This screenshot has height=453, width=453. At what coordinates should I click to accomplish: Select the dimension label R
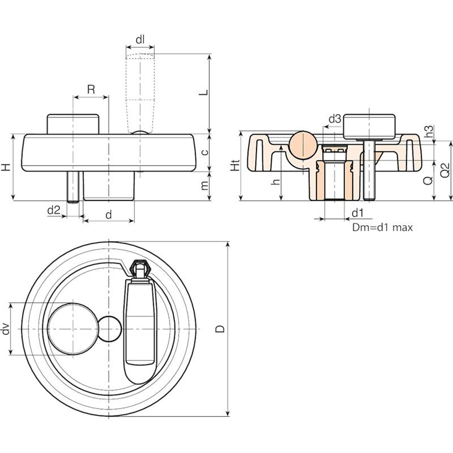click(x=91, y=89)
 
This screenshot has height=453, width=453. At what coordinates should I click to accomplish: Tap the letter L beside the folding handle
click(x=204, y=92)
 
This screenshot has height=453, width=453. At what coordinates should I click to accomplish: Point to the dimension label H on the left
click(x=6, y=167)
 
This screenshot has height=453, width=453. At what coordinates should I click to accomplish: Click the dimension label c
click(x=204, y=152)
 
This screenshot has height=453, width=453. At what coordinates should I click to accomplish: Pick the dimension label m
click(x=204, y=185)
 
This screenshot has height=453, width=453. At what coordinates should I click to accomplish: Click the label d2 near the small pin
click(x=54, y=210)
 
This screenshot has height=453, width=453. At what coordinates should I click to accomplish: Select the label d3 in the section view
click(x=335, y=119)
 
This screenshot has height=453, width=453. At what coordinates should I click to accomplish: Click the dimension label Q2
click(x=445, y=170)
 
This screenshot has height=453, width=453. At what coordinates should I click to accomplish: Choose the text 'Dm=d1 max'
click(x=382, y=227)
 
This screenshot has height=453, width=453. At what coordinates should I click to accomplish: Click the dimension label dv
click(x=6, y=329)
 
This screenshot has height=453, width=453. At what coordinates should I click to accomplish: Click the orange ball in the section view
click(x=302, y=145)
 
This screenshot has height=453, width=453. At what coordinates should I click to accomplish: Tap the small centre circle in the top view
click(x=110, y=329)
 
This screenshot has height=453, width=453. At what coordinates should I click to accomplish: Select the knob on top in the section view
click(x=369, y=126)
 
